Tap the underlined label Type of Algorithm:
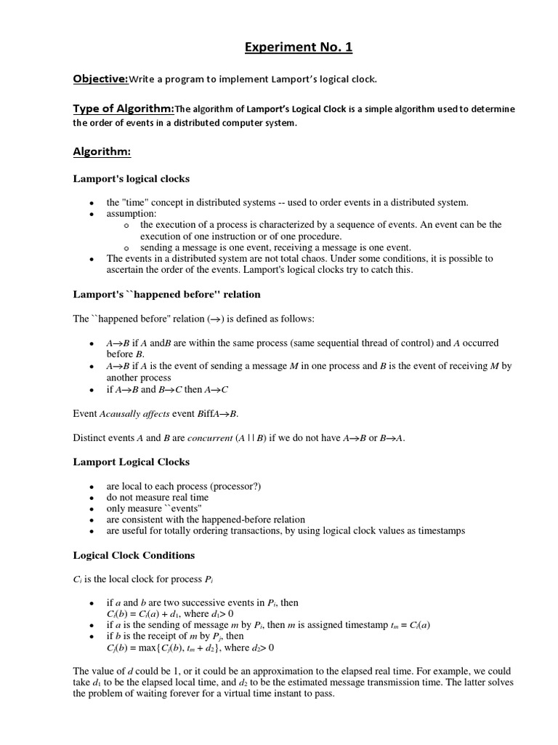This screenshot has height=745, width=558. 124,108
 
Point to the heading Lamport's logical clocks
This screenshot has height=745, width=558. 131,178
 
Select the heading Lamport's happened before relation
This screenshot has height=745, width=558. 166,294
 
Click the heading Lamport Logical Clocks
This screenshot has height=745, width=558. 131,461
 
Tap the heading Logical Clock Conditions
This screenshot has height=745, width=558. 134,554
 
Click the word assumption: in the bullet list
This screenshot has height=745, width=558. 132,214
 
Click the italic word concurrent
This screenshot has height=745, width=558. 209,439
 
